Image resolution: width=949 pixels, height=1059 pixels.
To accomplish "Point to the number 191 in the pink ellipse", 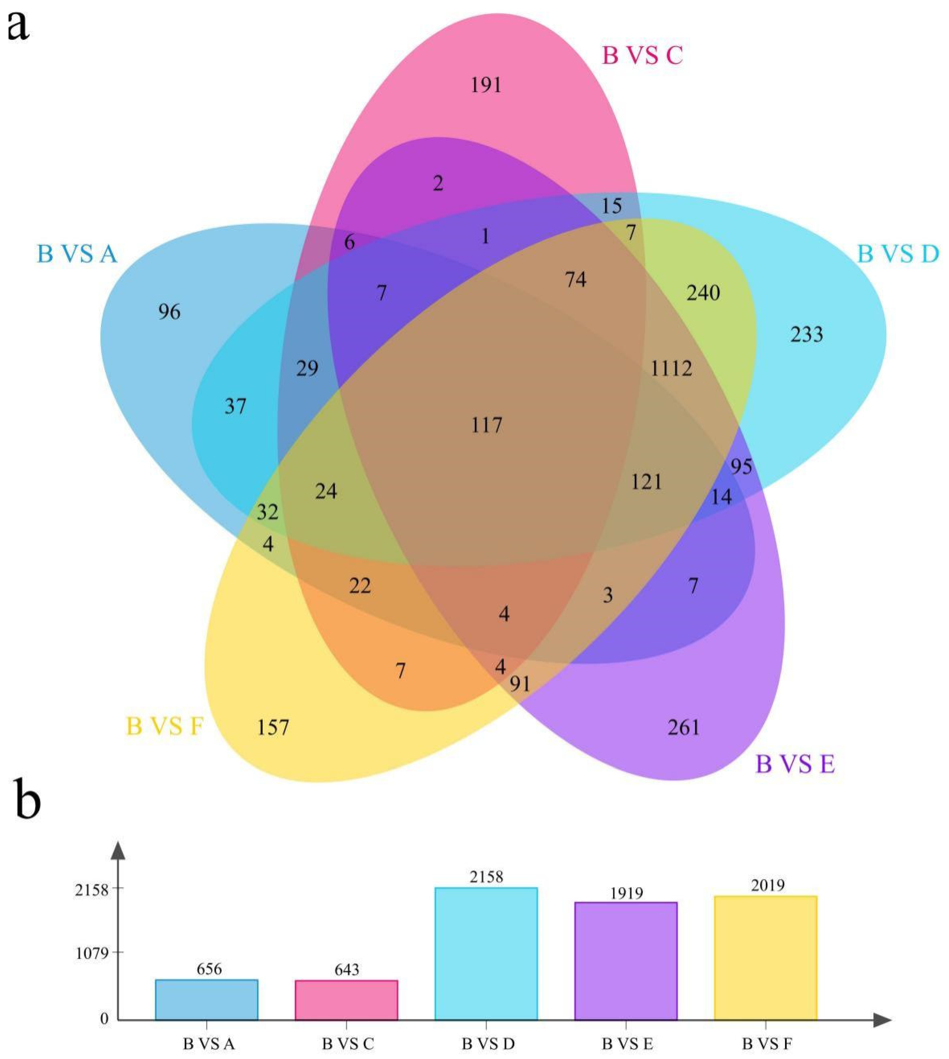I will [x=486, y=85].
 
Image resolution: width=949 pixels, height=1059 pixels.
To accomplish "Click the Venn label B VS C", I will [x=642, y=55].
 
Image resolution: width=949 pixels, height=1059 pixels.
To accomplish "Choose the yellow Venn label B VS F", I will [x=165, y=726].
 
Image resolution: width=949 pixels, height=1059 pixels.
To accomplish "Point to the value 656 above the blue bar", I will [x=209, y=969].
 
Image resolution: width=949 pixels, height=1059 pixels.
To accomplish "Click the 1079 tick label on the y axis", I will [x=92, y=954].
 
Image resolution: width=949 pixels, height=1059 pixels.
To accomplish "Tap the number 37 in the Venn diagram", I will [x=235, y=406].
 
